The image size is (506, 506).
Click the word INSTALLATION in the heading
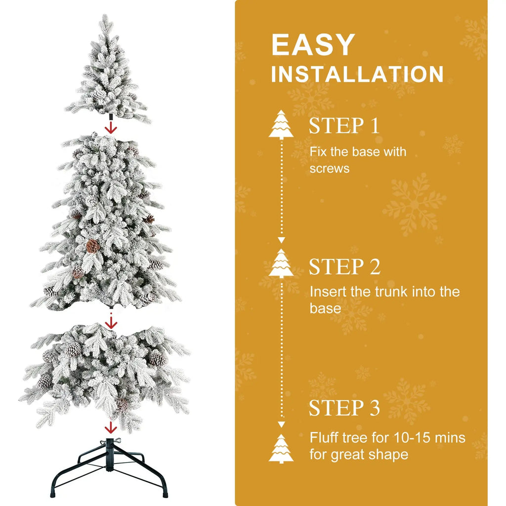click(x=357, y=74)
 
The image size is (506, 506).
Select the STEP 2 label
click(x=344, y=267)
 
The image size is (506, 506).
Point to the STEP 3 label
click(x=344, y=408)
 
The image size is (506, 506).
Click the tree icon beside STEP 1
click(x=281, y=124)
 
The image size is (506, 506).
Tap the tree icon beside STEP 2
click(x=281, y=263)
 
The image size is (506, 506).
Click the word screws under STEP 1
click(x=329, y=169)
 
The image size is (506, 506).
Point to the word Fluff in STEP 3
click(x=324, y=437)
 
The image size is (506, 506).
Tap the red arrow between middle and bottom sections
click(x=111, y=323)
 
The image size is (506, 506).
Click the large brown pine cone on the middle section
click(x=93, y=246)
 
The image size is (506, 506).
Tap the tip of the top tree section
click(x=105, y=20)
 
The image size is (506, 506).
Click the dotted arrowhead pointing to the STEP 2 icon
click(x=281, y=240)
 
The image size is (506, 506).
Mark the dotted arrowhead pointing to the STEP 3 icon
click(x=281, y=424)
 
